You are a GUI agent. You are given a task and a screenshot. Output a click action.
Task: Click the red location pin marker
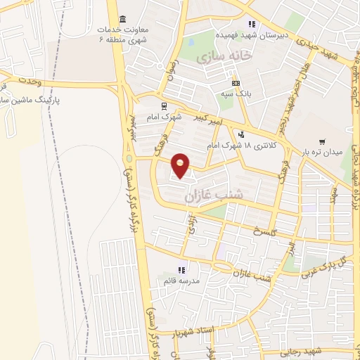pyautogui.click(x=181, y=165)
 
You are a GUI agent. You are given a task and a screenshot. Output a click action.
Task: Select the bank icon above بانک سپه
pyautogui.click(x=245, y=84)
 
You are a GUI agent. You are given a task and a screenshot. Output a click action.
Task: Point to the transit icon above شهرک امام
pyautogui.click(x=164, y=107)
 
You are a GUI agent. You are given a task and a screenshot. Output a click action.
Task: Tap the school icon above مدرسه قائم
pyautogui.click(x=181, y=270)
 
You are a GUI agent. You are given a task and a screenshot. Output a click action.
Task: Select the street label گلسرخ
pyautogui.click(x=269, y=231)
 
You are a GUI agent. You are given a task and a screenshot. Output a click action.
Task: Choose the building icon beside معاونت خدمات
pyautogui.click(x=124, y=18)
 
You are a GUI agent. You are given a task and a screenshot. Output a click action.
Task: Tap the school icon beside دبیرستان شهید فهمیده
pyautogui.click(x=252, y=25)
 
